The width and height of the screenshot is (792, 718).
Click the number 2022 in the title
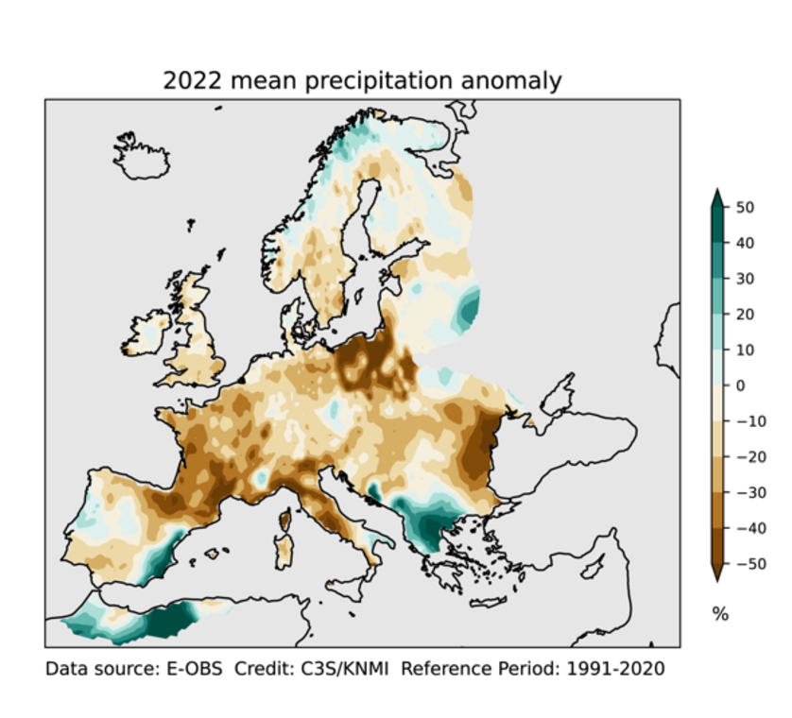click(193, 81)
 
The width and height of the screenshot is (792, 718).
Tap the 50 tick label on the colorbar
click(745, 208)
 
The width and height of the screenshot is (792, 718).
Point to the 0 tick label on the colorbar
click(740, 385)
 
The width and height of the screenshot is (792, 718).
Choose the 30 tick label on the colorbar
click(745, 279)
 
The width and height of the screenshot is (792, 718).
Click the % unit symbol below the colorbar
click(720, 614)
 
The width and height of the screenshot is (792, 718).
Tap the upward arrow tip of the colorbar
click(716, 193)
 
